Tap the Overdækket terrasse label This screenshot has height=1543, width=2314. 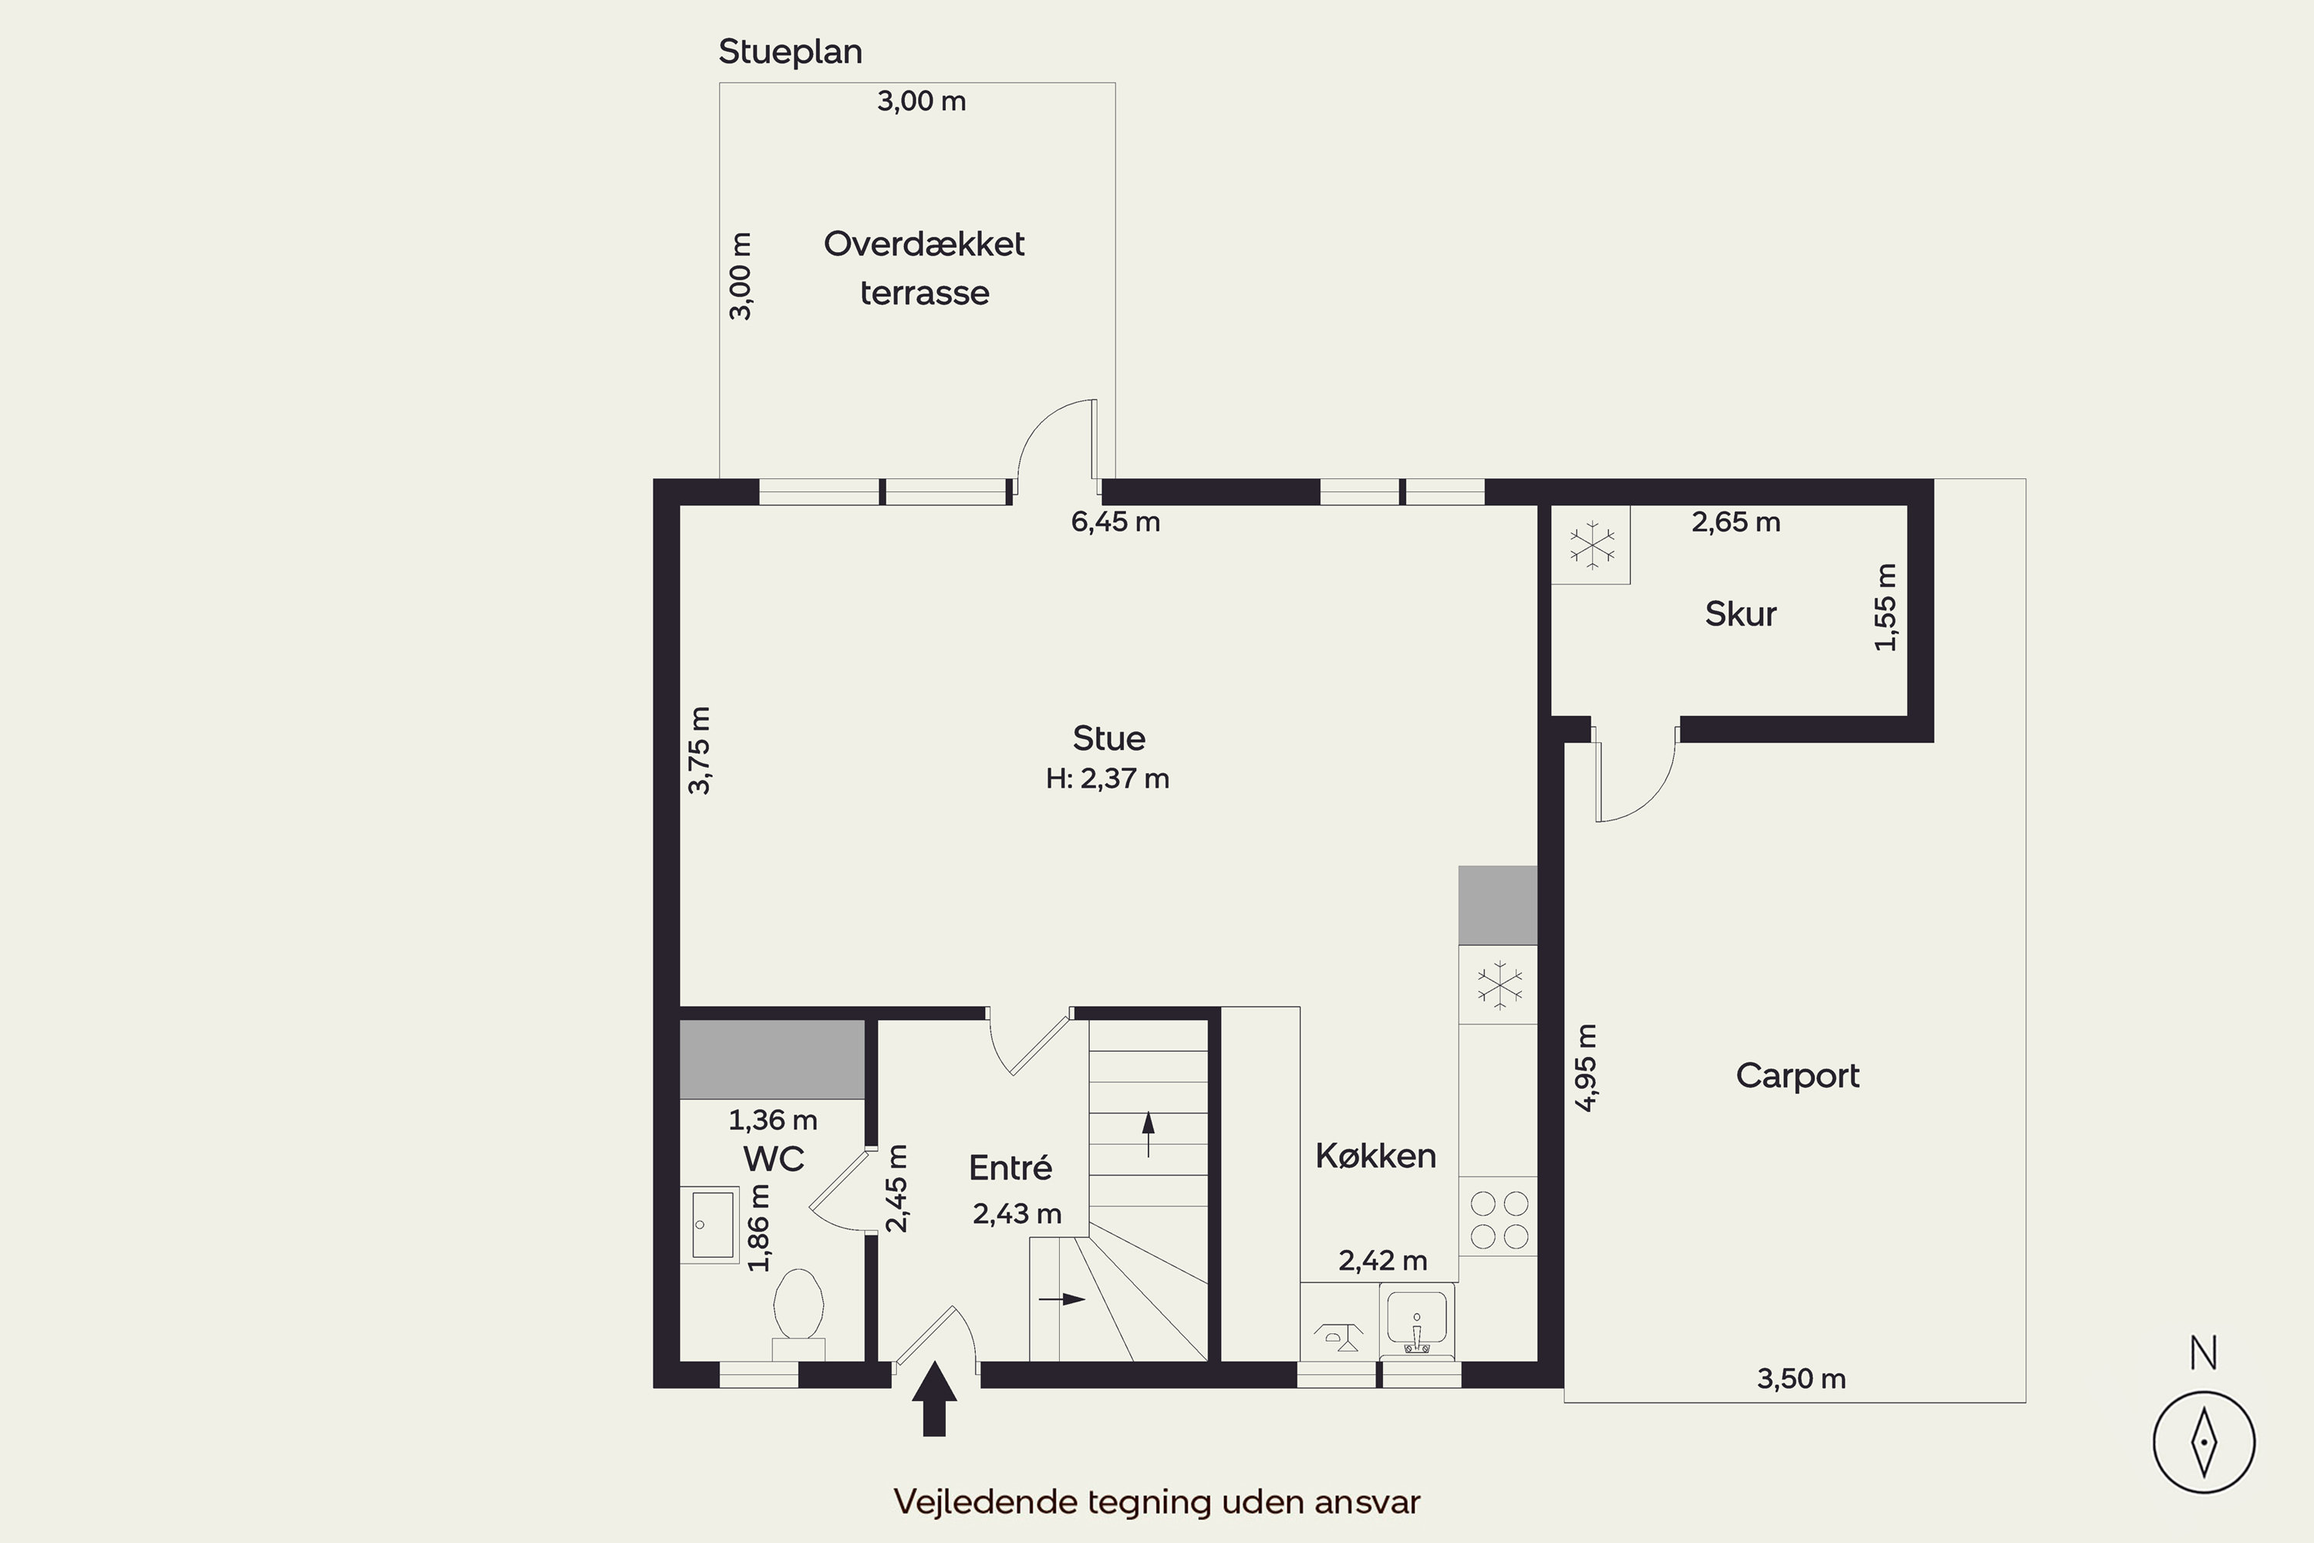[x=924, y=268]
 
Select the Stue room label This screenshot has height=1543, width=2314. [x=1109, y=738]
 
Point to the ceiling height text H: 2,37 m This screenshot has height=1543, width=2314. [x=1108, y=779]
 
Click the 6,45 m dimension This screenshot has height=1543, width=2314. [x=1115, y=522]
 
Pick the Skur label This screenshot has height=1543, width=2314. [x=1740, y=614]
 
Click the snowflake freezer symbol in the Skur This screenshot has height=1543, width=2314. [x=1592, y=545]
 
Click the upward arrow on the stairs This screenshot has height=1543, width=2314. [x=1149, y=1133]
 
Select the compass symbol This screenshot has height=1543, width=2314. [x=2204, y=1443]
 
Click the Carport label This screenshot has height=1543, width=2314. [x=1797, y=1075]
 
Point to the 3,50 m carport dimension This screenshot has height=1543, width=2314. [x=1801, y=1379]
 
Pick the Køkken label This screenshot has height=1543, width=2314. [x=1375, y=1155]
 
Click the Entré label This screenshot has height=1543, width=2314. [x=1010, y=1167]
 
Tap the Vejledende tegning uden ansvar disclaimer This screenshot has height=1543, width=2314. [x=1157, y=1501]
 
